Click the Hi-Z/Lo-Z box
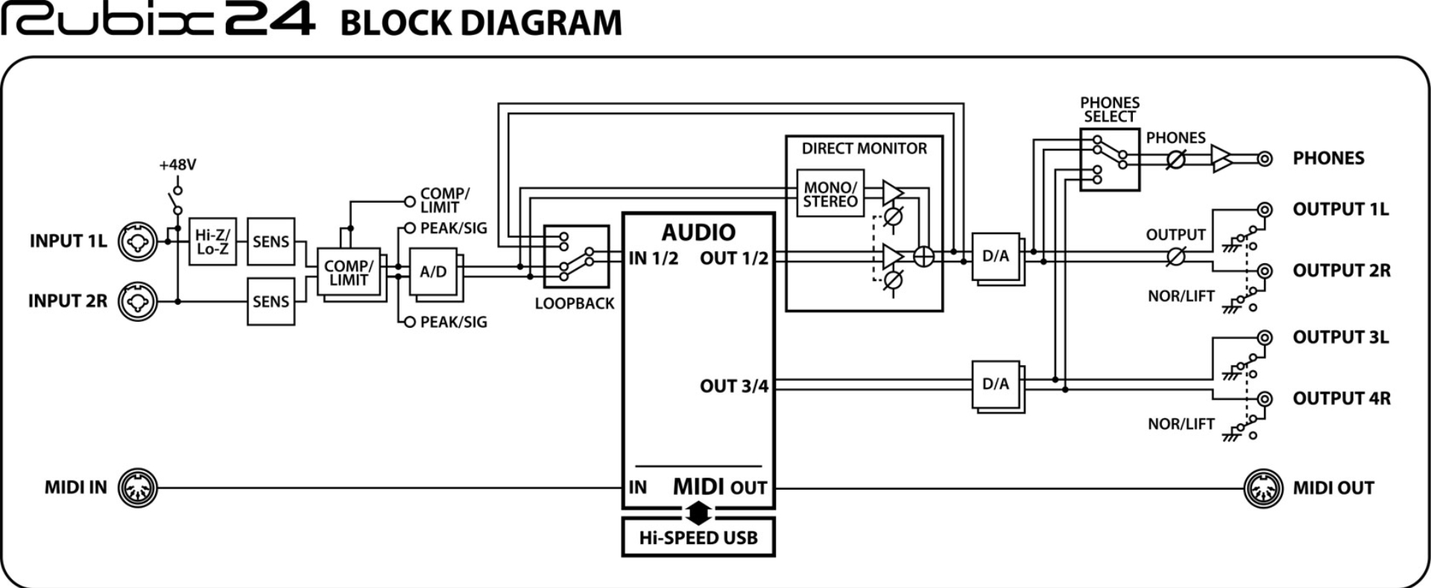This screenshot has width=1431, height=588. pos(212,241)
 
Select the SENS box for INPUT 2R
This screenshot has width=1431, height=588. pos(271,301)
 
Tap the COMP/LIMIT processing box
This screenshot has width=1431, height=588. pos(348,273)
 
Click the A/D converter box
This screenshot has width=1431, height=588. pos(433,271)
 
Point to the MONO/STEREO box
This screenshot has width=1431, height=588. pos(830,194)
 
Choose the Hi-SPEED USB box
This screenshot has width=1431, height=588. pos(698,537)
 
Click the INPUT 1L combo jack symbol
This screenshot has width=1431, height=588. pos(138,241)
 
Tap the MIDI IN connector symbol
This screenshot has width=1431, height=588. pos(138,488)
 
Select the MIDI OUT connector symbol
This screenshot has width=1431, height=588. pos(1263,488)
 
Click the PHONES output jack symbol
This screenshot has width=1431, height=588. pos(1264,159)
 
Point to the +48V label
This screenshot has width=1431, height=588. pos(177,165)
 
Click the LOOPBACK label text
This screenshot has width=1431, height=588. pos(575,303)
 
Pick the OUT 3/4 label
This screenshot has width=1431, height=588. pos(733,386)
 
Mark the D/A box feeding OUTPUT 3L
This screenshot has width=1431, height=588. pos(996,384)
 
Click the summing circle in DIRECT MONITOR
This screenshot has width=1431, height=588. pos(923,256)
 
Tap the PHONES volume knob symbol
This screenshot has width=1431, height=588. pos(1175,159)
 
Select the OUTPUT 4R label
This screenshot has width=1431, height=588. pos(1342,399)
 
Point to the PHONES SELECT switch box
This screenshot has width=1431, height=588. pos(1110,159)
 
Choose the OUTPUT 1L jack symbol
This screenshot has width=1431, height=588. pos(1264,209)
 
